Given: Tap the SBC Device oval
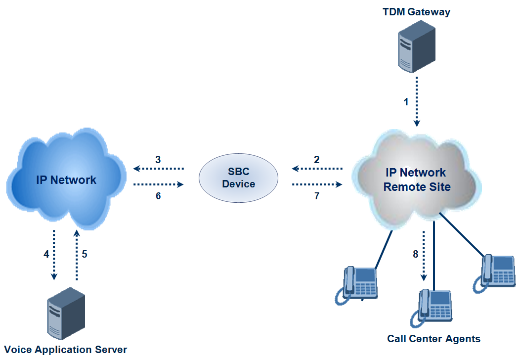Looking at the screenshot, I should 238,178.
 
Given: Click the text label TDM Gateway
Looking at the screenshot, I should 416,12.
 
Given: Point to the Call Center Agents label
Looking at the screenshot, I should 433,339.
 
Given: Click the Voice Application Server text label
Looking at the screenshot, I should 65,350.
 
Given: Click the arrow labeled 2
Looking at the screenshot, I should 317,169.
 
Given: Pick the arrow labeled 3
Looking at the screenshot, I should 158,169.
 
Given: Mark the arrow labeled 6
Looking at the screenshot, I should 158,184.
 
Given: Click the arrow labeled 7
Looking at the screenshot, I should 317,184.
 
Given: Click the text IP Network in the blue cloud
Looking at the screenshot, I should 66,180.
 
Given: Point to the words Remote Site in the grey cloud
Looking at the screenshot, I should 417,187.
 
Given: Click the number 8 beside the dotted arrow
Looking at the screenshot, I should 415,255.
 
